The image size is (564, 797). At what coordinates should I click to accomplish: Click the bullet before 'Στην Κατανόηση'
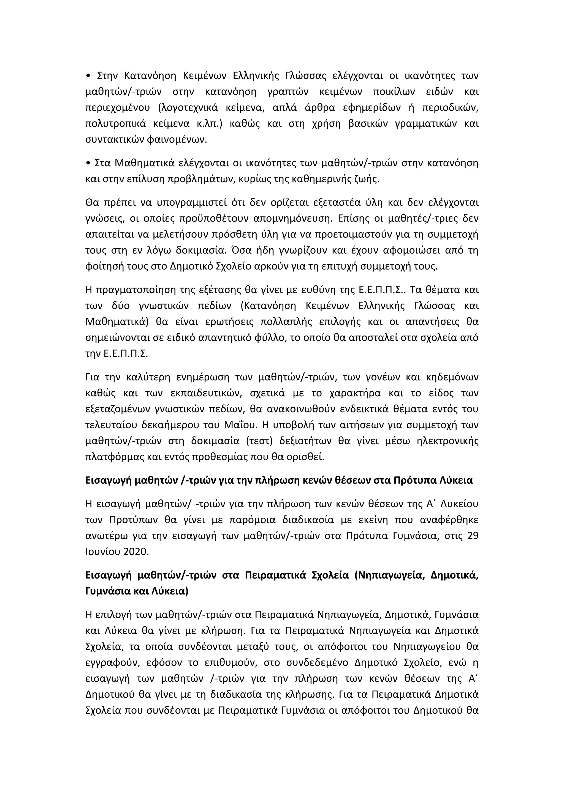point(88,76)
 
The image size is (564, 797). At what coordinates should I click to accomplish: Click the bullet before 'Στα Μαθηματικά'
point(88,163)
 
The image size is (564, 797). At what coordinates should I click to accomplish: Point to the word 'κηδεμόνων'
point(451,377)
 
